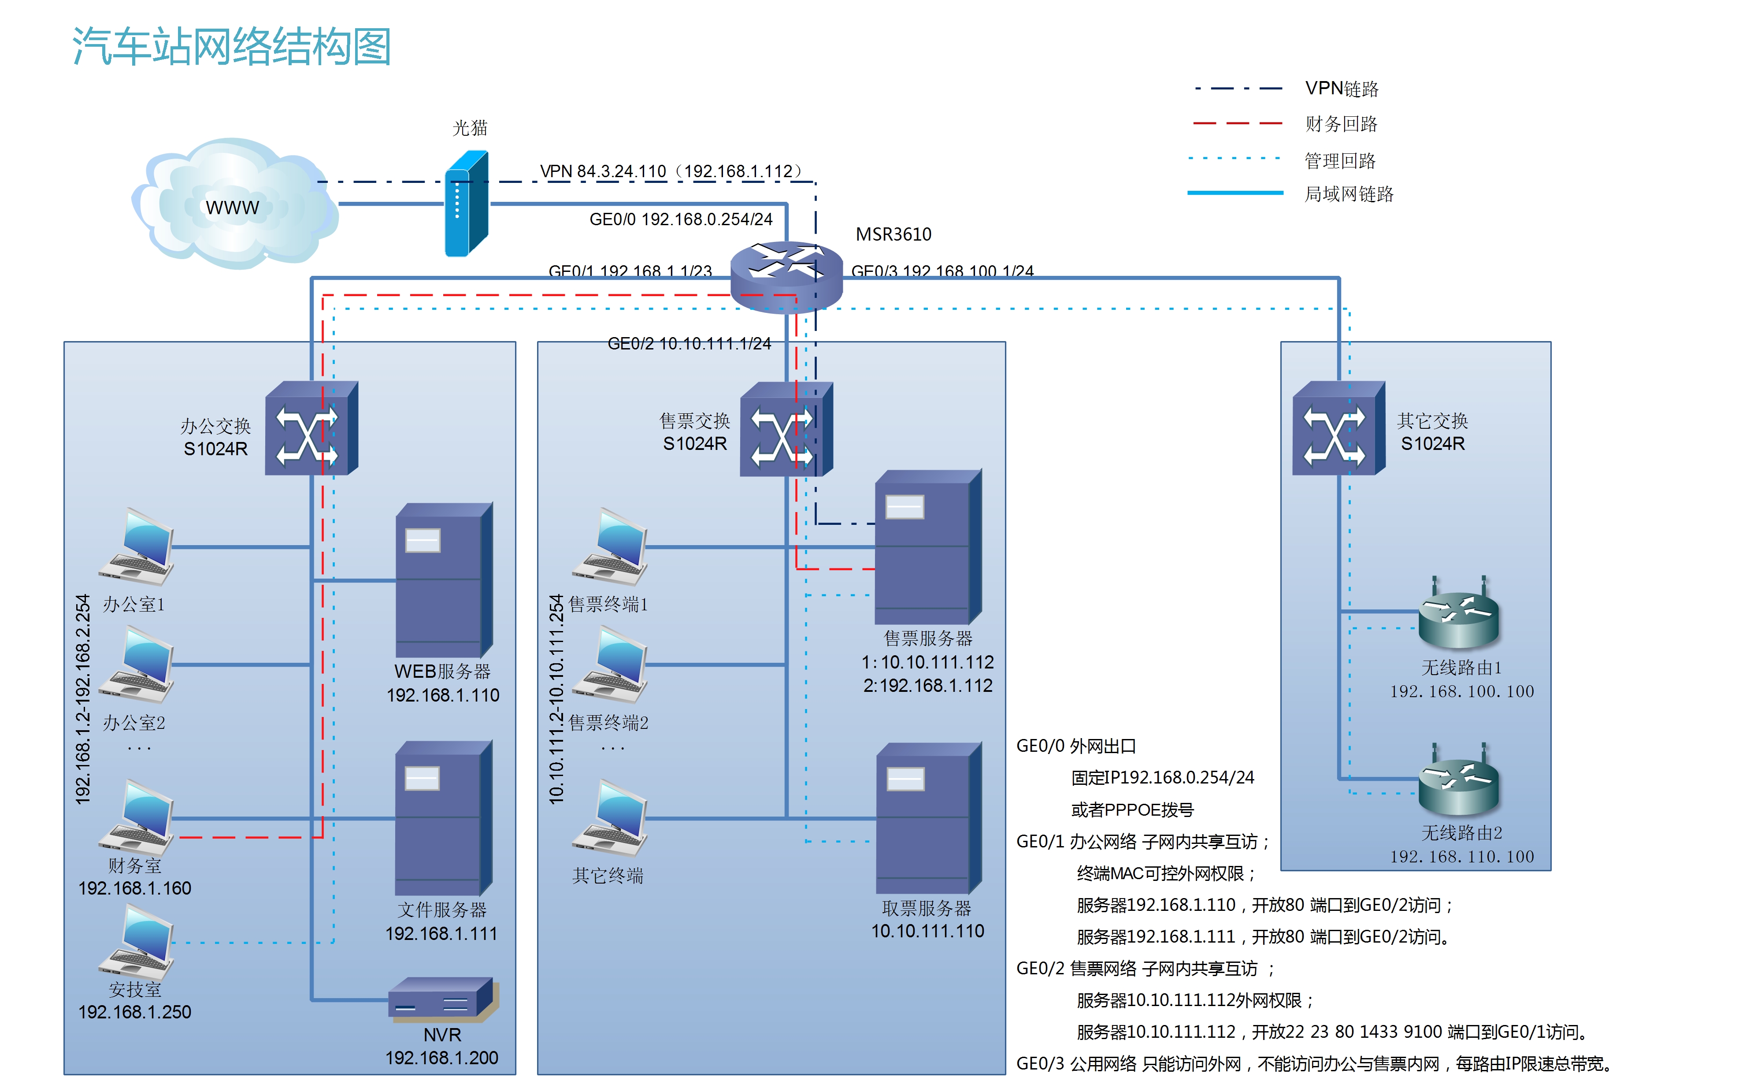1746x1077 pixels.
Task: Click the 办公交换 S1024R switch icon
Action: tap(311, 429)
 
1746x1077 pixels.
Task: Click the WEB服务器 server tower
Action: tap(443, 580)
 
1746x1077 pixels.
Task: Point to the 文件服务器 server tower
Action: tap(443, 818)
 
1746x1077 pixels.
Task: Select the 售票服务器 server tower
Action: tap(927, 547)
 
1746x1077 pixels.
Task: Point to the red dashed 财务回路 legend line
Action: tap(1238, 124)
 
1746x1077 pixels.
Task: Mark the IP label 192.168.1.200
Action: tap(441, 1058)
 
